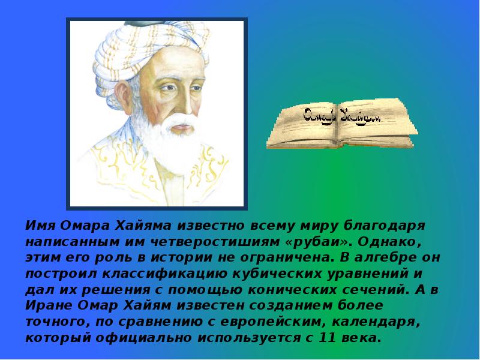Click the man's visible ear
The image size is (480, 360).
pyautogui.click(x=124, y=94)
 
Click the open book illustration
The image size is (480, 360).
pyautogui.click(x=342, y=124)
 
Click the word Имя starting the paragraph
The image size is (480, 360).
pyautogui.click(x=40, y=226)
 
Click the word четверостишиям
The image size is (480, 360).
pyautogui.click(x=215, y=242)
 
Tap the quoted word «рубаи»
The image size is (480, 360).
pyautogui.click(x=317, y=242)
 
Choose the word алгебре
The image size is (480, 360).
pyautogui.click(x=386, y=258)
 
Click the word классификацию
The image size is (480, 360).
pyautogui.click(x=166, y=274)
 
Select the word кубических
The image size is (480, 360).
pyautogui.click(x=277, y=274)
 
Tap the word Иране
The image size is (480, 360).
pyautogui.click(x=49, y=306)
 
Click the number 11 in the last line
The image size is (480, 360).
pyautogui.click(x=327, y=338)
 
